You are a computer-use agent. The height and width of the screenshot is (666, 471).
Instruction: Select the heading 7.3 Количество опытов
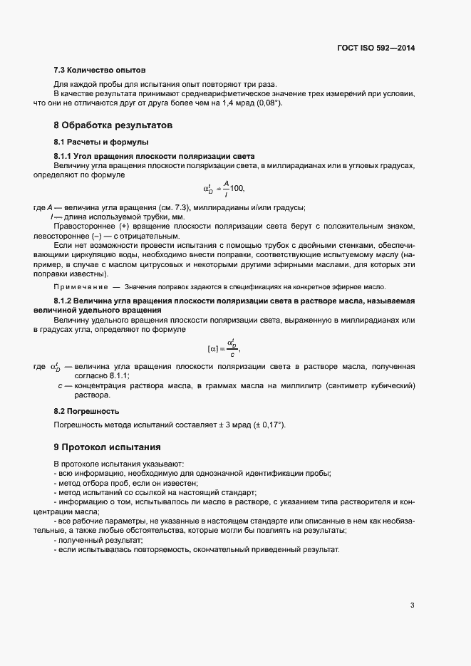click(x=100, y=71)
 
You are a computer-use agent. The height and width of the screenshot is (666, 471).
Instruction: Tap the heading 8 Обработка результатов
click(x=113, y=125)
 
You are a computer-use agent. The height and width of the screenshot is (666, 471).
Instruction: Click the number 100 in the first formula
click(x=237, y=189)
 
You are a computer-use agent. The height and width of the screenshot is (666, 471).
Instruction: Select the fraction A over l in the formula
click(x=225, y=188)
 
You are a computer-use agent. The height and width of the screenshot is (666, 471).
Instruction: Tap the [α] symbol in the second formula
click(x=212, y=348)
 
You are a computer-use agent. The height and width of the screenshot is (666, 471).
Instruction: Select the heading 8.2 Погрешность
click(x=86, y=412)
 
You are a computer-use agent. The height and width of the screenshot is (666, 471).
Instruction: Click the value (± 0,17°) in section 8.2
click(x=269, y=425)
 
